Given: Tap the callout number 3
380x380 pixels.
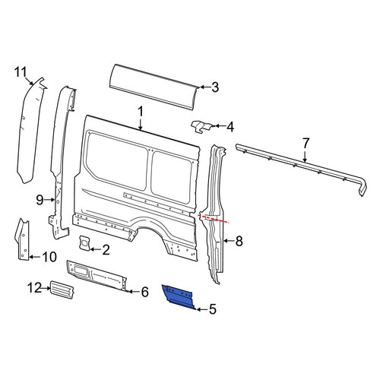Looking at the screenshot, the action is pos(215,87).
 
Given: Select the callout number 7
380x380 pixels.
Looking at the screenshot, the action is pos(306,144).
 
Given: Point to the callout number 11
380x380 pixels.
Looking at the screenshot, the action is pos(21,72).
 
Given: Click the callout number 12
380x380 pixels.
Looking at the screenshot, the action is pos(35,288).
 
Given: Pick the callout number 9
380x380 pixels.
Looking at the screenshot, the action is pos(40,200).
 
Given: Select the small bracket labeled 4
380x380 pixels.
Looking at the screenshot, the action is pos(201,126).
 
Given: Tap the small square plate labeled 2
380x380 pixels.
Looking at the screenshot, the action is pos(84,243).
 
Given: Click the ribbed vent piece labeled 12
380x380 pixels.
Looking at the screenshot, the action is pos(62,289).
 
